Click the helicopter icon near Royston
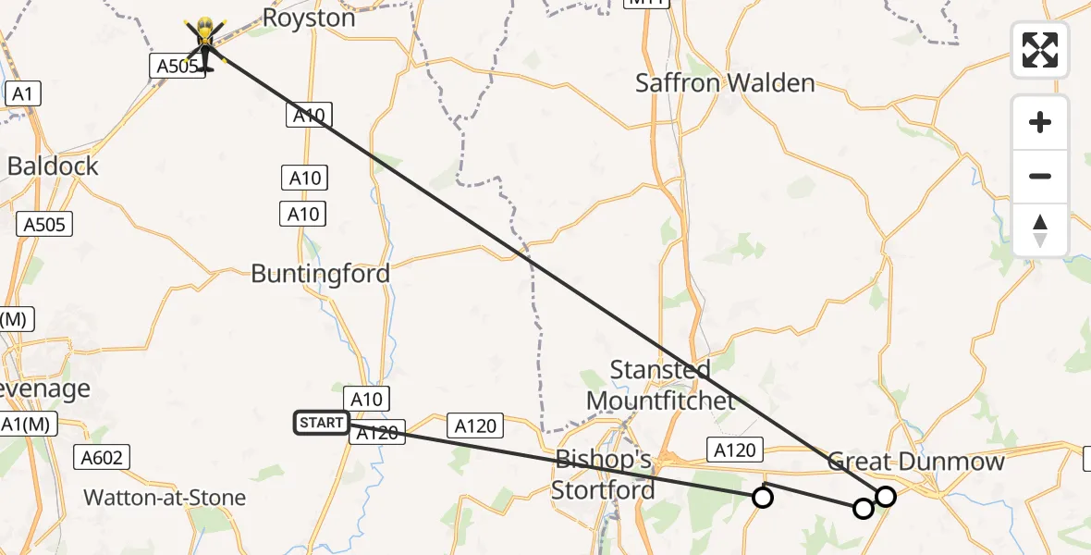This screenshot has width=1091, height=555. (204, 43)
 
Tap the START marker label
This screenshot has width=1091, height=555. (321, 423)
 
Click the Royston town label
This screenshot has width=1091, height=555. (309, 18)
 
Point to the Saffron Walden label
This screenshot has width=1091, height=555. (725, 83)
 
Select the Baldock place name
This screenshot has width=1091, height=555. (53, 166)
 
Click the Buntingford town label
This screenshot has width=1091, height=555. (321, 274)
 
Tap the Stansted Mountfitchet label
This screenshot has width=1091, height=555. (661, 385)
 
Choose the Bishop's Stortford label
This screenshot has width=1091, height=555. (604, 475)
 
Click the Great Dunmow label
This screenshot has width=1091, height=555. (915, 462)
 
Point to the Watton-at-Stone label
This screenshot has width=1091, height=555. (165, 498)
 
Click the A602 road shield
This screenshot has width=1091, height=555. (102, 456)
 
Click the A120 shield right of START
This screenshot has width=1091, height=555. (377, 432)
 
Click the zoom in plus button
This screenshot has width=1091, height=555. (1040, 122)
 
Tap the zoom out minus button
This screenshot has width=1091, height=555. (1040, 176)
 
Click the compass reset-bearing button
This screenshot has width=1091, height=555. (1040, 229)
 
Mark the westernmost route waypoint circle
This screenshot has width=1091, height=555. (762, 498)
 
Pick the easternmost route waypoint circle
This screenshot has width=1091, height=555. (886, 497)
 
